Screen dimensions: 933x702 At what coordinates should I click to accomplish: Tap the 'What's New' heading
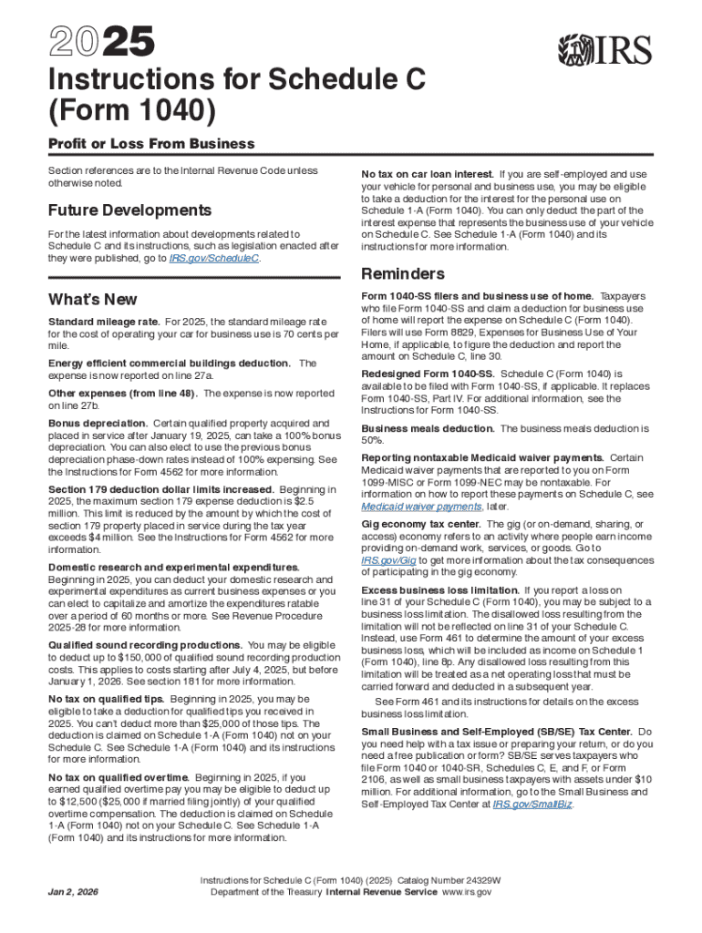[x=93, y=300]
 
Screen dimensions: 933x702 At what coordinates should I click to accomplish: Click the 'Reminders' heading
[x=403, y=274]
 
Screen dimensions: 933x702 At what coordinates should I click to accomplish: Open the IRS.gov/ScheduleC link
[x=214, y=259]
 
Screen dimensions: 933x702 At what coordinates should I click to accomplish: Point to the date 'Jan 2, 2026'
[x=75, y=889]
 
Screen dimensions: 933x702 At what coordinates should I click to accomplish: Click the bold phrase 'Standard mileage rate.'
[x=104, y=322]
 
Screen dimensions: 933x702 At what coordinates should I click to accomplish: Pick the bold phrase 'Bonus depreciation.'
[x=98, y=424]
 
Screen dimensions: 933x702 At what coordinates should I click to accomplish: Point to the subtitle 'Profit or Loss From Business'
[x=151, y=144]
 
